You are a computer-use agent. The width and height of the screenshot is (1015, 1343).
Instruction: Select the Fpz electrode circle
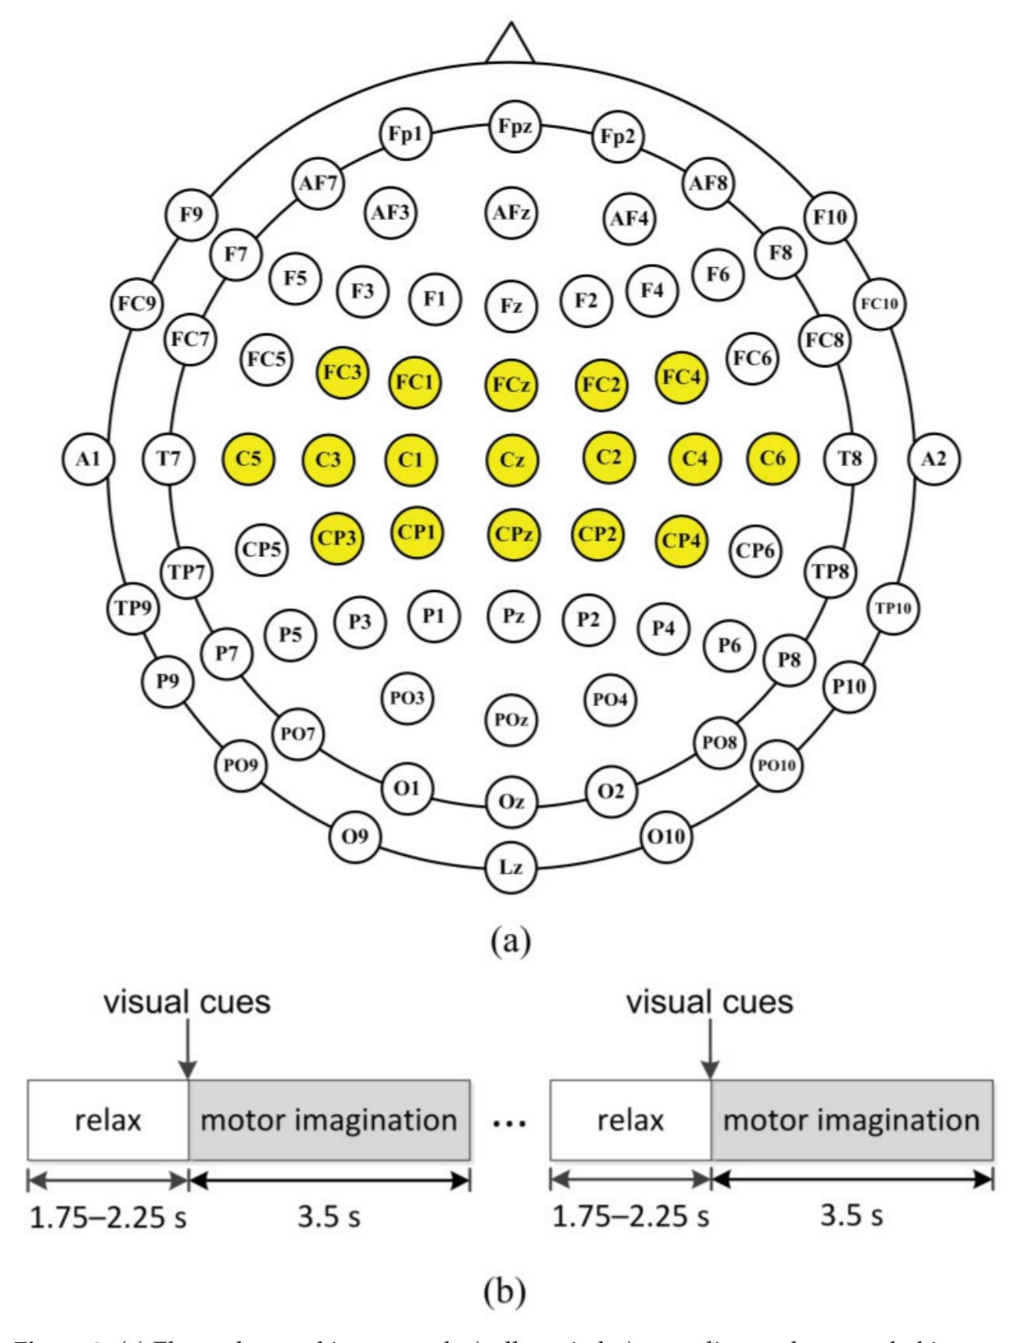pos(512,126)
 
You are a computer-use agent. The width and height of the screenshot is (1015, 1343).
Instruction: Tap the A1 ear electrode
pos(88,459)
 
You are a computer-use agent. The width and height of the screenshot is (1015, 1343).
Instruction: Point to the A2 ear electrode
pos(935,459)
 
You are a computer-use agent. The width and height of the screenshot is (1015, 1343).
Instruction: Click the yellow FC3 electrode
pos(342,372)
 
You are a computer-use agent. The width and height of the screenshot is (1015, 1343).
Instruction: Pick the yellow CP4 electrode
pos(681,541)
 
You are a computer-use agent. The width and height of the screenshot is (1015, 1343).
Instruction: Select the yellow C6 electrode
pos(772,458)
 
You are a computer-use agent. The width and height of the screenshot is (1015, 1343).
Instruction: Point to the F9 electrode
pos(192,214)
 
